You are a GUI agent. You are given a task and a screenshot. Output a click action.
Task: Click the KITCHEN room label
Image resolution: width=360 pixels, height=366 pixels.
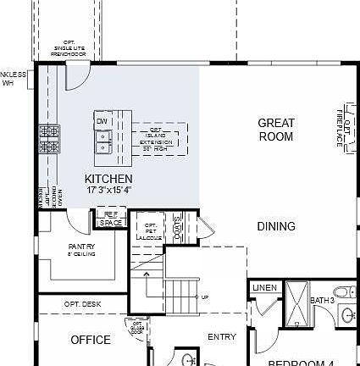(x=108, y=179)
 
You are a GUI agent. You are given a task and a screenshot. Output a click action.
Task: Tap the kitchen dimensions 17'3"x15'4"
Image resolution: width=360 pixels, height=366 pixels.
(x=108, y=190)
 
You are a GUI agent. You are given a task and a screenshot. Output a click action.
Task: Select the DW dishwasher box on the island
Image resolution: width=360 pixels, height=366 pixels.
(x=102, y=121)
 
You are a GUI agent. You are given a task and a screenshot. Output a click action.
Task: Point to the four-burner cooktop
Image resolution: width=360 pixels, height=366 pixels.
(x=49, y=139)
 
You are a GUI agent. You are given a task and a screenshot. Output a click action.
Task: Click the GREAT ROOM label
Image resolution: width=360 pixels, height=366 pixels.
(x=276, y=130)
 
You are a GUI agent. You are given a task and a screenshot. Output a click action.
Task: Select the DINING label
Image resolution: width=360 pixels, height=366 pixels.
(x=276, y=226)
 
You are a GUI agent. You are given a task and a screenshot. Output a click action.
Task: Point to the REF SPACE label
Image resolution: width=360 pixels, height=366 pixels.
(x=109, y=219)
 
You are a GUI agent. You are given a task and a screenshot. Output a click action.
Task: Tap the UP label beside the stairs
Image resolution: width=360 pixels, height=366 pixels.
(x=205, y=297)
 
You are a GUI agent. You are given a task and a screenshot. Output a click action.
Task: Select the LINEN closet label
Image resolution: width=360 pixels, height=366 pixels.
(x=265, y=289)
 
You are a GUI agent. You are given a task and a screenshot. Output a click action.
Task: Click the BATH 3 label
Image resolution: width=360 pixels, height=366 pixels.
(x=322, y=301)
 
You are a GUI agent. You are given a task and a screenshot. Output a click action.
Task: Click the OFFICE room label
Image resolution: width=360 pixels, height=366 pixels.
(x=90, y=340)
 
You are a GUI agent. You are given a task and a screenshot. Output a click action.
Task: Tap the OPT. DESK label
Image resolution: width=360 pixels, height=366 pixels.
(x=82, y=303)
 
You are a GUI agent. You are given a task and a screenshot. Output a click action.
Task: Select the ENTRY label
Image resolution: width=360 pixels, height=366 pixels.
(x=222, y=336)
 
